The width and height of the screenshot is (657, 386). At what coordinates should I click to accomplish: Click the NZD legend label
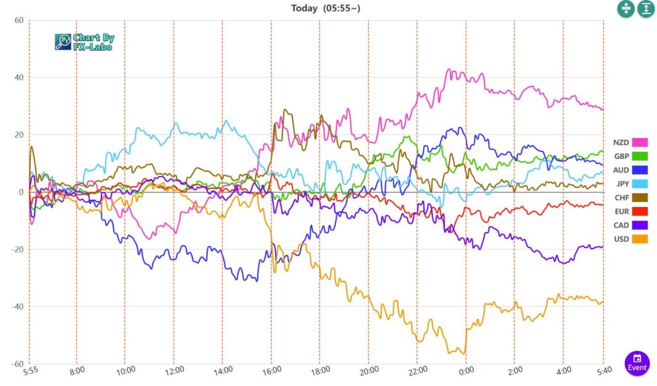[621, 142]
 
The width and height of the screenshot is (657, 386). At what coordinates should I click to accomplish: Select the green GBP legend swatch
[639, 156]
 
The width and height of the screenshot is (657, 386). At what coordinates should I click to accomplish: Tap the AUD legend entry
[621, 170]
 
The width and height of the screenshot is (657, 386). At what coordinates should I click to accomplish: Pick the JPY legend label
[621, 183]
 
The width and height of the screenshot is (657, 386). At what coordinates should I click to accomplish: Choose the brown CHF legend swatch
[639, 197]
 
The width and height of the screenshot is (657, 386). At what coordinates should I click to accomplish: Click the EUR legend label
[621, 211]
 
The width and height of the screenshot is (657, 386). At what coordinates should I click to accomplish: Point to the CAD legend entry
[621, 225]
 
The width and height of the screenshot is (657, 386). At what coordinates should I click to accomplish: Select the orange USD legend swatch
[639, 239]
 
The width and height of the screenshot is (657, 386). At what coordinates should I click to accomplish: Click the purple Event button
[636, 363]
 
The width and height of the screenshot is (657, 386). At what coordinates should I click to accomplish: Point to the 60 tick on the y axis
[19, 21]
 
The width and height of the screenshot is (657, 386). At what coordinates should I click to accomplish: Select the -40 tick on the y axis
[17, 306]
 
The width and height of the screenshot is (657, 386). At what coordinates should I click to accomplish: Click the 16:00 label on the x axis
[272, 371]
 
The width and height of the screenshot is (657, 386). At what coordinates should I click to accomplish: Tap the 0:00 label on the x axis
[466, 371]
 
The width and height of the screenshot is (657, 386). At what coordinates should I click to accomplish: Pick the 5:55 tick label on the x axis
[31, 371]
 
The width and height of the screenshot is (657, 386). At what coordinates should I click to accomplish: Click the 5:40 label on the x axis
[603, 371]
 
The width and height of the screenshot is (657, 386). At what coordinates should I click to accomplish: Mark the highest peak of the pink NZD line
[449, 69]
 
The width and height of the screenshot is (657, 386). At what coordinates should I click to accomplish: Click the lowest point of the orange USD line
[464, 354]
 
